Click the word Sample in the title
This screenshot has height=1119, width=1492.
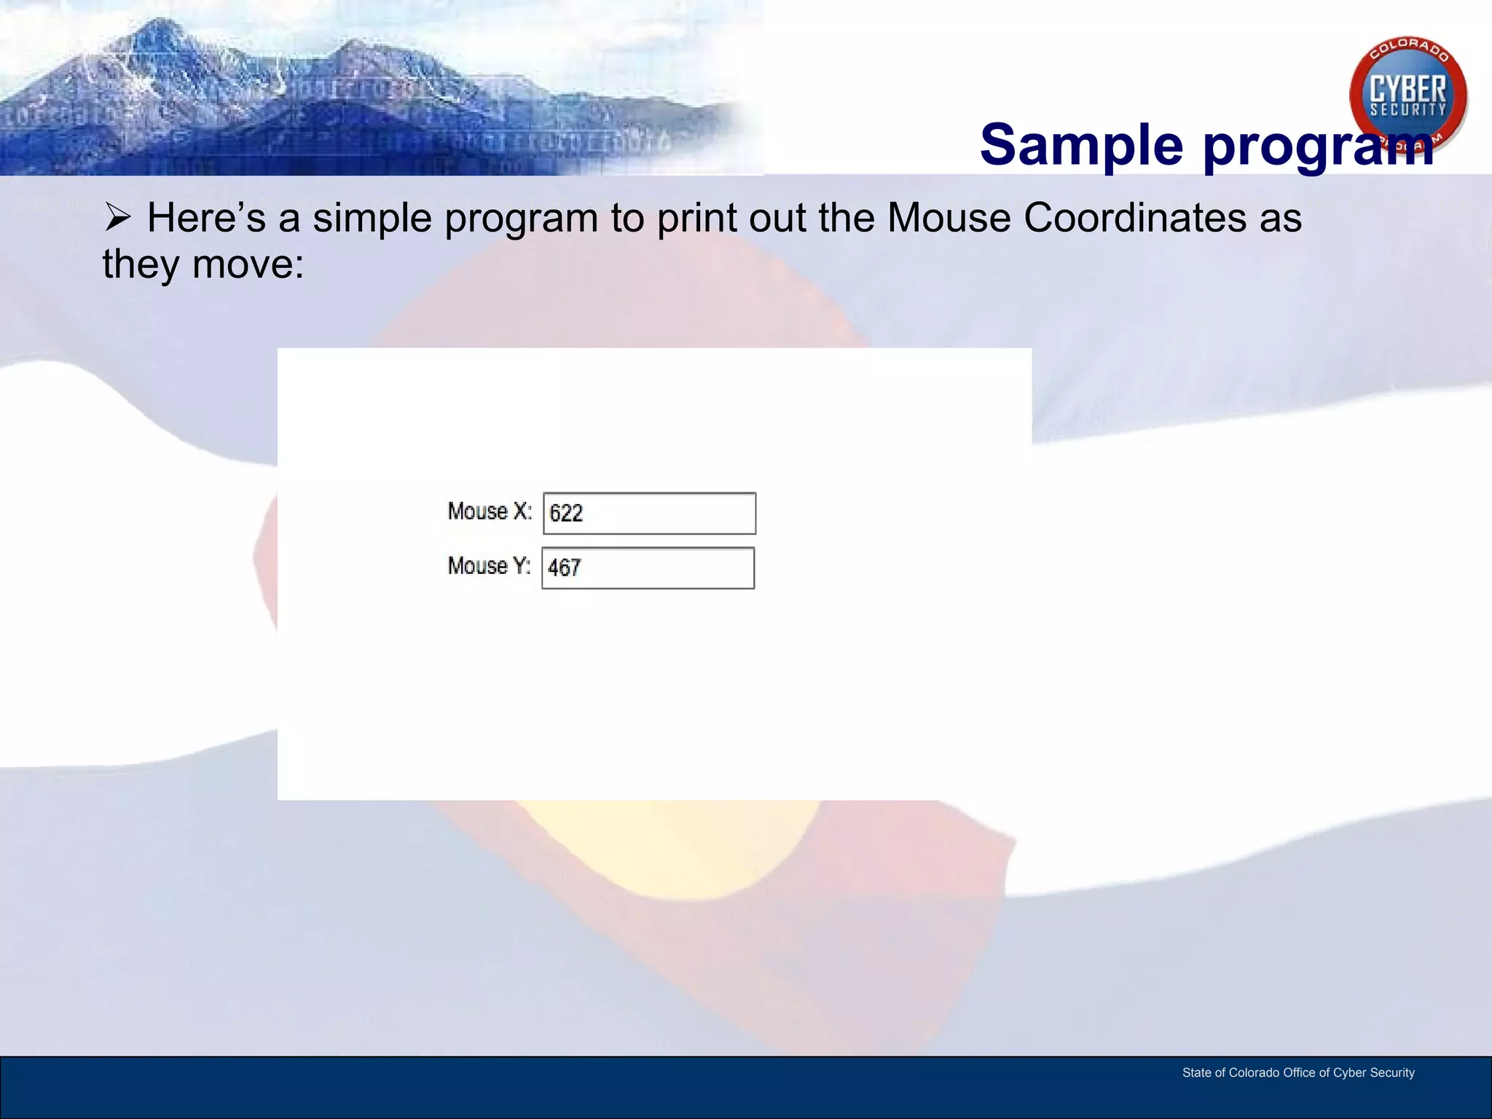point(1081,145)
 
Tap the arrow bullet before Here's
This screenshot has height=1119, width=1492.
point(117,217)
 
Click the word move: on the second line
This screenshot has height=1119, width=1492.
point(248,264)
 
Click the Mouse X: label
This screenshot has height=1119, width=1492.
point(490,511)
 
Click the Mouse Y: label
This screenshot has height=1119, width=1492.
point(489,566)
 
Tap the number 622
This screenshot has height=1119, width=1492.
point(566,514)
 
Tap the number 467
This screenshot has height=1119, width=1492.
point(565,568)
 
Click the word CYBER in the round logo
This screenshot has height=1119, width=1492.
point(1407,90)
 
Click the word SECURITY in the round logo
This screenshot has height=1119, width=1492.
point(1407,110)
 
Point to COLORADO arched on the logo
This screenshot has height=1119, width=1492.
point(1409,49)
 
